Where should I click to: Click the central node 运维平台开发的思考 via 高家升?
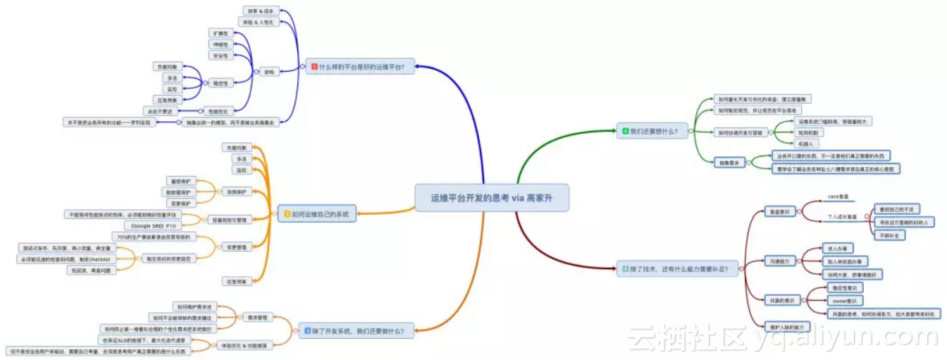tap(490, 199)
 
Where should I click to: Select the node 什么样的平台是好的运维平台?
tap(360, 67)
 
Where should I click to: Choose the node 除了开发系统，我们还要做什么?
tap(357, 330)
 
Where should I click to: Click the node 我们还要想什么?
tap(652, 130)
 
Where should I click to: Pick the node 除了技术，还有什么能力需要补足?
tap(678, 268)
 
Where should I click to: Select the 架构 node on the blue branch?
tap(269, 72)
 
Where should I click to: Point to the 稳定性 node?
tap(220, 83)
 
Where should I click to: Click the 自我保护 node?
tap(237, 192)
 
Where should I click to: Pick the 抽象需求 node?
tap(729, 163)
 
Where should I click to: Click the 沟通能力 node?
tap(779, 261)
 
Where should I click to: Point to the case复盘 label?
tap(838, 197)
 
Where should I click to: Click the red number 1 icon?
tap(314, 67)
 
